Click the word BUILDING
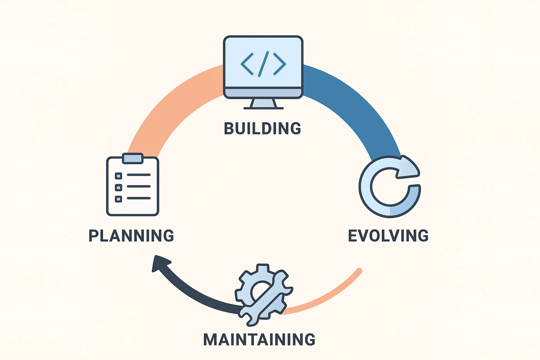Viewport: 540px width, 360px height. point(262,129)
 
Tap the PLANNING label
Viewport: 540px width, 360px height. point(131,236)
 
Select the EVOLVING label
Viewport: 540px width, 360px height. point(388,236)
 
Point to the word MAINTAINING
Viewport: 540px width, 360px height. point(259,339)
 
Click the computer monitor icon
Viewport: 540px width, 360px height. point(263,72)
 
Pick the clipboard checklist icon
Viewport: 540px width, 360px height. point(133,184)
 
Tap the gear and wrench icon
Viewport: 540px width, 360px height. point(264,295)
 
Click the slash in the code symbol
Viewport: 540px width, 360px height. point(264,64)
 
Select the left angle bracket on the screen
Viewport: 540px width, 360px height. point(247,64)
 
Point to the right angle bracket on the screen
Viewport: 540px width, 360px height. point(280,64)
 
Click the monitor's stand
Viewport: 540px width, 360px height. point(264,104)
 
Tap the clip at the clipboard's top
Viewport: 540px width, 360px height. point(133,158)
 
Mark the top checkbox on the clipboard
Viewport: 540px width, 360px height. point(118,176)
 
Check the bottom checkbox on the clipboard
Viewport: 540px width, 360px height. point(118,199)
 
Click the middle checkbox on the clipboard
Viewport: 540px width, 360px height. point(118,188)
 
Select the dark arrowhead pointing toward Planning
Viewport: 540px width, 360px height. point(160,263)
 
